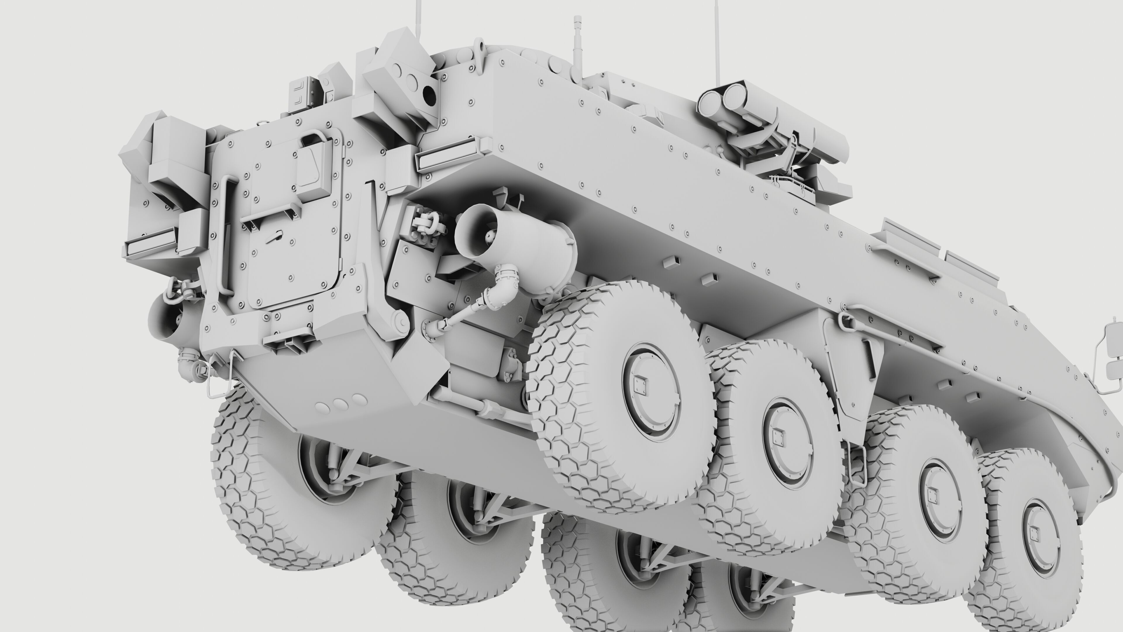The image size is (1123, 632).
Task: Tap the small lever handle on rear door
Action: click(x=274, y=238)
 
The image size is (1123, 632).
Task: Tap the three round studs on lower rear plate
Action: click(x=340, y=404)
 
